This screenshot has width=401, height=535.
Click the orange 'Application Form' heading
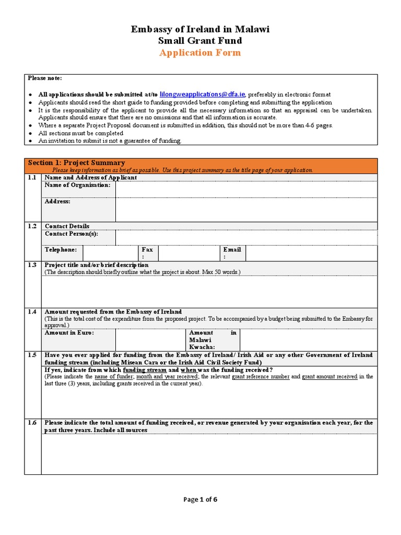tap(200, 53)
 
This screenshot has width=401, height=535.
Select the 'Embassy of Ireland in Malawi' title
tap(200, 29)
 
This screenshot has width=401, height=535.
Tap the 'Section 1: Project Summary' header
tap(76, 163)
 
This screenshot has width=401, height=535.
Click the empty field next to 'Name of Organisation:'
tap(246, 189)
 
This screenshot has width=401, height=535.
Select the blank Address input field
tap(246, 210)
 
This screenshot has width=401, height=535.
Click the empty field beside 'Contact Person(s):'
tap(246, 238)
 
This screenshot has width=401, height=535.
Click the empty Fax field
tap(188, 253)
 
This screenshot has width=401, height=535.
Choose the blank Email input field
tap(311, 253)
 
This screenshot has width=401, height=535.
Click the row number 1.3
tap(32, 265)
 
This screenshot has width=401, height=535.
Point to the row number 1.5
tap(32, 355)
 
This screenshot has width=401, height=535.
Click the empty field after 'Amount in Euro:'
tap(150, 340)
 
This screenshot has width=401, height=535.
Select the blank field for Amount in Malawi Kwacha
tap(308, 340)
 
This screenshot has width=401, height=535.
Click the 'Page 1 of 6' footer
tap(200, 499)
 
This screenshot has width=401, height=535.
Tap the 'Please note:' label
tap(45, 78)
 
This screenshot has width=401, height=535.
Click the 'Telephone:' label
tap(61, 250)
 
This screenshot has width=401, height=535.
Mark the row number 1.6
tap(32, 423)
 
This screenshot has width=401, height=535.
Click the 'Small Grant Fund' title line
tap(200, 41)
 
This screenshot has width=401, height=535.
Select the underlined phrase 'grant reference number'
tap(260, 377)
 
